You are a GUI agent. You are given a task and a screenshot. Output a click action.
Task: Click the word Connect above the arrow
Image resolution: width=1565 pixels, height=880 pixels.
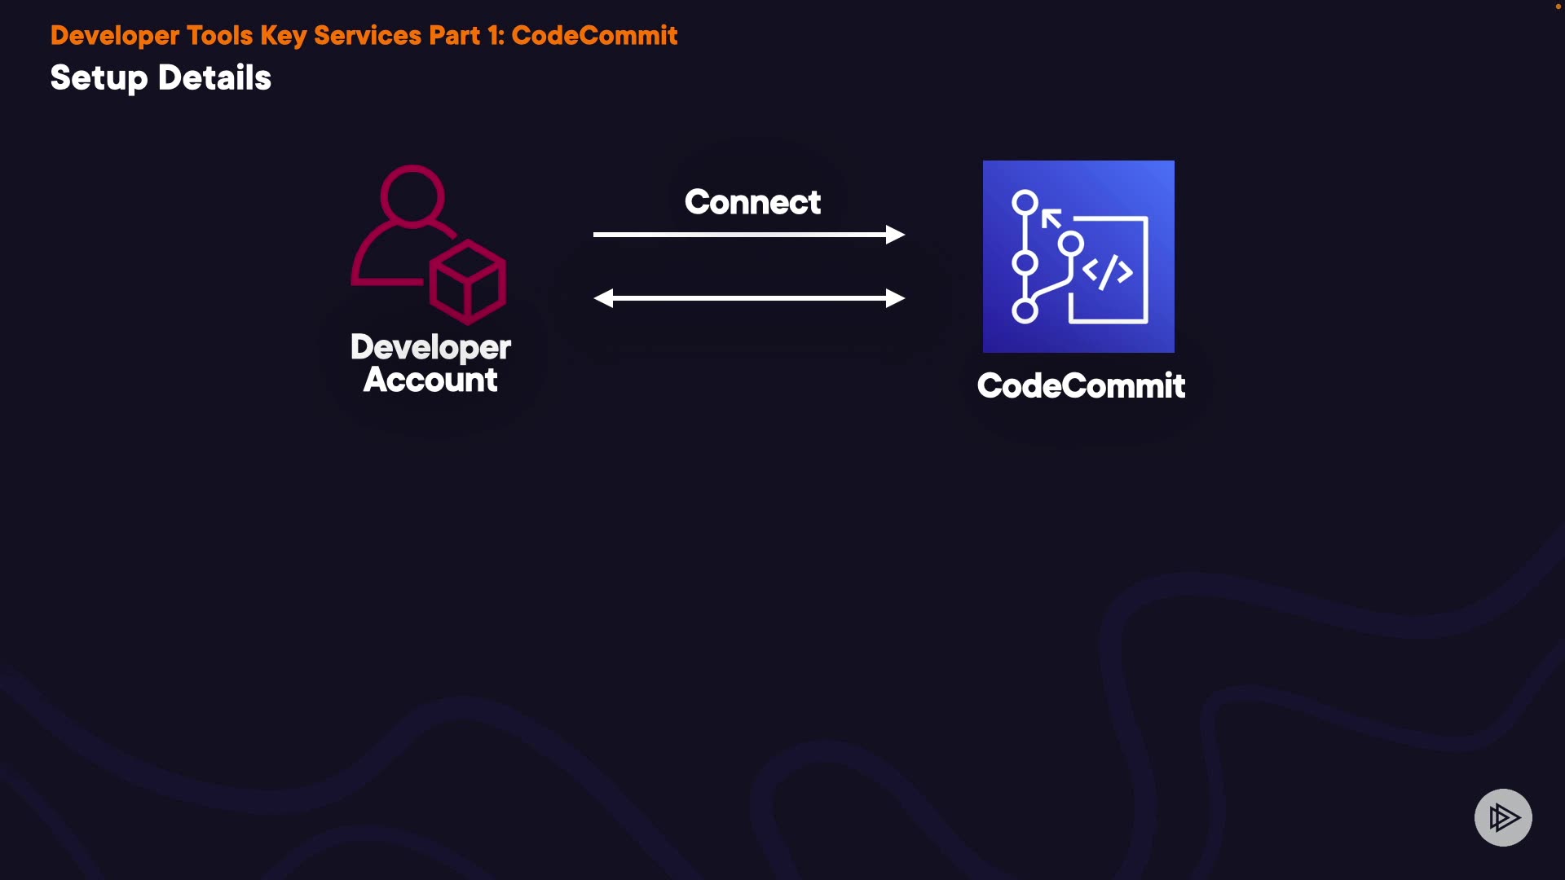point(752,202)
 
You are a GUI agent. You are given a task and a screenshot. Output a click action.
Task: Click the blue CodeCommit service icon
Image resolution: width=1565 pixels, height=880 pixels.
point(1078,257)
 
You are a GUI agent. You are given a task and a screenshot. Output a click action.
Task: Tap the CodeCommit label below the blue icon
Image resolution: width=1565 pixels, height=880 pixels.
point(1081,385)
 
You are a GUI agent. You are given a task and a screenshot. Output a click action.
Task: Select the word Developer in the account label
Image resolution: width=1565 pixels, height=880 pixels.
point(430,348)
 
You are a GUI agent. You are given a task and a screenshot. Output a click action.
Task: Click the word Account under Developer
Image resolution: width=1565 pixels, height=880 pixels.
point(430,380)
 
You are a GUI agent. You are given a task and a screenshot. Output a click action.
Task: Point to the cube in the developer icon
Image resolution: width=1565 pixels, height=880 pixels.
point(468,281)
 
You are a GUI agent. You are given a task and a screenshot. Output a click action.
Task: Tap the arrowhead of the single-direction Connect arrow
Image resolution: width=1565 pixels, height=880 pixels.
point(895,235)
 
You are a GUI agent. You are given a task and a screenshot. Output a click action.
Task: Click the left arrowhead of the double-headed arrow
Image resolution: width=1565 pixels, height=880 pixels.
point(603,298)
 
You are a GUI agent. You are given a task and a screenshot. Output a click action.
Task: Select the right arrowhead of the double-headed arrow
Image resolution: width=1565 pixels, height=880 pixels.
point(895,298)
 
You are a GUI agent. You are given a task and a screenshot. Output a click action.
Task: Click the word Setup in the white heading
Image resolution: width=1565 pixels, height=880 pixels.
point(99,79)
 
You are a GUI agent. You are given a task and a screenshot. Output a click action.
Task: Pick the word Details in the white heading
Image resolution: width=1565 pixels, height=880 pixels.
point(214,77)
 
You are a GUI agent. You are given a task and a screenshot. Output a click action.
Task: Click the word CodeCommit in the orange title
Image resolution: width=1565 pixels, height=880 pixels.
point(594,35)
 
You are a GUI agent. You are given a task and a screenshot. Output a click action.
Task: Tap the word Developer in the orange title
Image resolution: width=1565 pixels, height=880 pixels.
point(115,36)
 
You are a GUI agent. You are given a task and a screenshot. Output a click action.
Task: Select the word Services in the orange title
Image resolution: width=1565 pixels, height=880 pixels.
point(368,35)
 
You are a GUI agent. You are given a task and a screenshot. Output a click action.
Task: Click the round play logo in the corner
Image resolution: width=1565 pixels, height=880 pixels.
point(1503,817)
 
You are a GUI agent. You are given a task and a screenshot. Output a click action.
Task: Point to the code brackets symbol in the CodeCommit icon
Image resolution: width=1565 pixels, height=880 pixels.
point(1107,271)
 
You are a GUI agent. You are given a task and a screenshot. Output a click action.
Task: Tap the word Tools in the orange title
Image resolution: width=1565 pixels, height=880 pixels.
point(220,35)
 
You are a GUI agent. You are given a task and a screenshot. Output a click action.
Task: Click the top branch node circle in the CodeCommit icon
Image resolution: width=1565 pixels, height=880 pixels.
point(1025,202)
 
